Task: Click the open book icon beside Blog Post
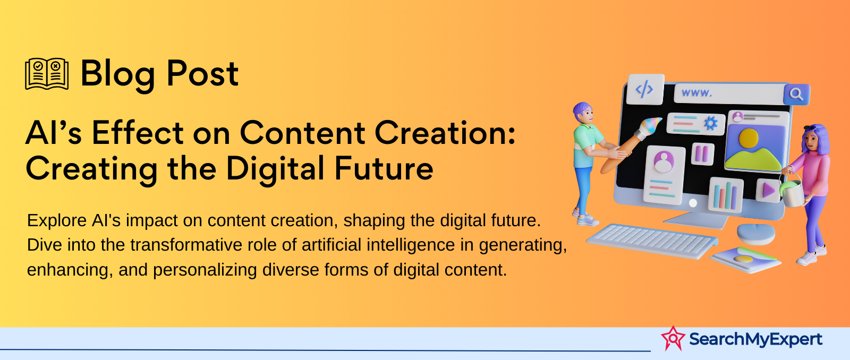coord(47,74)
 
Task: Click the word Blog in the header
coord(117,75)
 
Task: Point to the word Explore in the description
coord(57,221)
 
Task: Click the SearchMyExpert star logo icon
coord(673,338)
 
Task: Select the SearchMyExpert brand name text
coord(755,339)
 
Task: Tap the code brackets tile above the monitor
coord(645,90)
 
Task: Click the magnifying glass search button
coord(796,94)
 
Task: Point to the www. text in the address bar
coord(696,92)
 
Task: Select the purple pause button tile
coord(702,153)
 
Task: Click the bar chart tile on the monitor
coord(726,195)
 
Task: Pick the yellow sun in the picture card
coord(749,138)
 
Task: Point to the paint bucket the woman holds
coord(792,192)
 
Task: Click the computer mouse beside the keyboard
coord(756,234)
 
